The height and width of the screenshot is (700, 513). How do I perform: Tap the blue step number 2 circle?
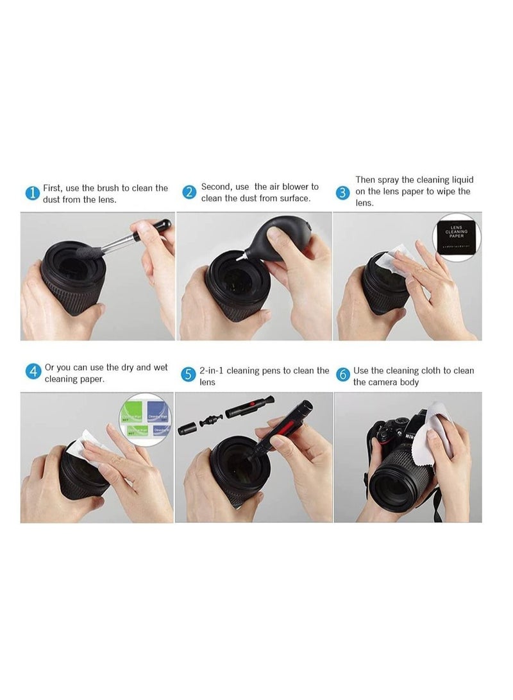pos(189,192)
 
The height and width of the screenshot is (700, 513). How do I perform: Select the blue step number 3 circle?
pos(344,192)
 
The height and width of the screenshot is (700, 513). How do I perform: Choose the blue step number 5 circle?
pos(188,375)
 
